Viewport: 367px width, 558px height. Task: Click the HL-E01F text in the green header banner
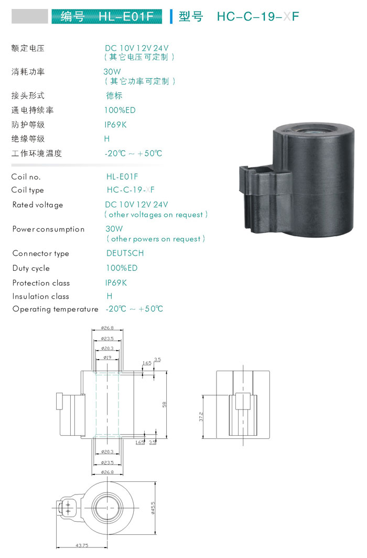pyautogui.click(x=126, y=16)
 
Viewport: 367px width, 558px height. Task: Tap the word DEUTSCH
pyautogui.click(x=125, y=254)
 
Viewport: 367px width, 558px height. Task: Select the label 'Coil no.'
pyautogui.click(x=26, y=177)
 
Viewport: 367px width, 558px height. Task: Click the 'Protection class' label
pyautogui.click(x=41, y=283)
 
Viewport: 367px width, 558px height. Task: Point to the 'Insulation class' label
pyautogui.click(x=41, y=297)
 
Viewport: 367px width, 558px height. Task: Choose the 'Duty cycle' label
pyautogui.click(x=31, y=268)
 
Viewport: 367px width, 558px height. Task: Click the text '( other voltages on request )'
pyautogui.click(x=156, y=215)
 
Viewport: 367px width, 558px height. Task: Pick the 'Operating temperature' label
pyautogui.click(x=56, y=309)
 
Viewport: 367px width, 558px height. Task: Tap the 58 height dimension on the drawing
pyautogui.click(x=164, y=405)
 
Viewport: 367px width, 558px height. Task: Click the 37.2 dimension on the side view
pyautogui.click(x=201, y=417)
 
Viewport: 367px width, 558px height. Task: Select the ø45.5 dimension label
pyautogui.click(x=153, y=508)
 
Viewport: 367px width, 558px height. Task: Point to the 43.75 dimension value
pyautogui.click(x=82, y=545)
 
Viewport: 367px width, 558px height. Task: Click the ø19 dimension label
pyautogui.click(x=107, y=357)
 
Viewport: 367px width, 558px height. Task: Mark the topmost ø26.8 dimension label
pyautogui.click(x=107, y=328)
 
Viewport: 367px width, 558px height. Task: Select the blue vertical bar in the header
pyautogui.click(x=171, y=16)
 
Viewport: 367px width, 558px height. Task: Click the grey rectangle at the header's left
pyautogui.click(x=29, y=16)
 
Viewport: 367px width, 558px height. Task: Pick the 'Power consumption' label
pyautogui.click(x=48, y=229)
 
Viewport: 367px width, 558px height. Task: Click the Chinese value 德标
pyautogui.click(x=114, y=96)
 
